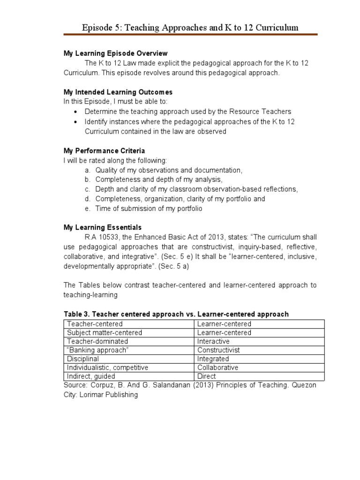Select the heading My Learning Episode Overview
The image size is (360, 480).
pyautogui.click(x=115, y=53)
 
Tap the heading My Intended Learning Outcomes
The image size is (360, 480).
pyautogui.click(x=118, y=92)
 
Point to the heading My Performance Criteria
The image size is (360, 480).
pyautogui.click(x=104, y=151)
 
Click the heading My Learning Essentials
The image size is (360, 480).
pyautogui.click(x=102, y=227)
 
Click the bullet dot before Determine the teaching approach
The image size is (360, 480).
pyautogui.click(x=76, y=112)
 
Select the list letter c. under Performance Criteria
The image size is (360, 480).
pyautogui.click(x=87, y=189)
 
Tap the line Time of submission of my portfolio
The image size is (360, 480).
pyautogui.click(x=149, y=209)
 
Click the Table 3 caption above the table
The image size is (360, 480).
pyautogui.click(x=176, y=314)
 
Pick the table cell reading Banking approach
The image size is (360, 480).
pyautogui.click(x=98, y=350)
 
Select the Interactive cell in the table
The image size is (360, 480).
pyautogui.click(x=213, y=341)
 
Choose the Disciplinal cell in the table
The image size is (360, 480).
pyautogui.click(x=83, y=359)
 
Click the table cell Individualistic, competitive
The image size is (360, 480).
pyautogui.click(x=107, y=367)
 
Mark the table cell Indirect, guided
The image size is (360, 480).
pyautogui.click(x=91, y=376)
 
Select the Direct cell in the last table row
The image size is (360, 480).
pyautogui.click(x=207, y=376)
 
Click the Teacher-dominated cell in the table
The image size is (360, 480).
pyautogui.click(x=95, y=341)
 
